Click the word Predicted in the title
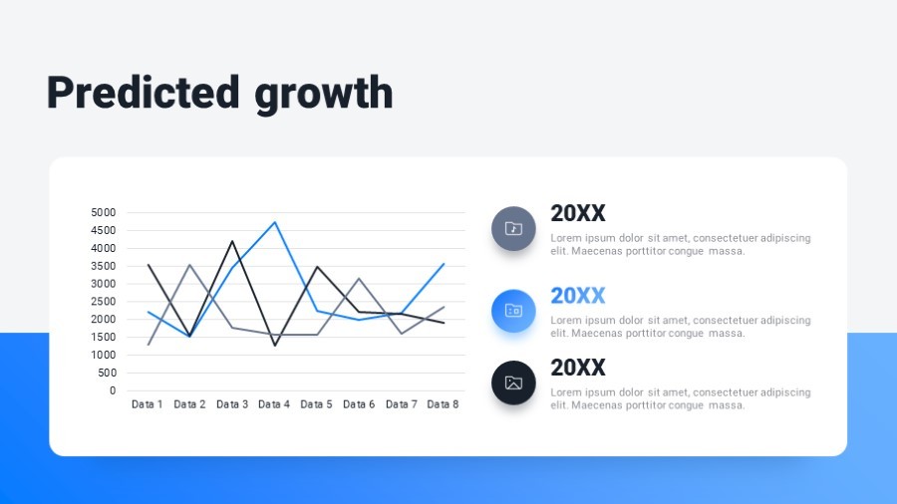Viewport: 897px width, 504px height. [x=143, y=92]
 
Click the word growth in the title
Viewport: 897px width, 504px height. [x=324, y=95]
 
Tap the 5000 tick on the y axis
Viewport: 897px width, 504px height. [x=103, y=212]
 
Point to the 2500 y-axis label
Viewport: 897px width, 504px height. [x=103, y=301]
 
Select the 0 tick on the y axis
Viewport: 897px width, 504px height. [x=113, y=390]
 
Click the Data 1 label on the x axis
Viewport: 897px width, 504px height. [x=148, y=404]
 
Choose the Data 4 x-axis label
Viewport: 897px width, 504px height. [x=274, y=404]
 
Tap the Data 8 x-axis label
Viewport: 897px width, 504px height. [x=443, y=404]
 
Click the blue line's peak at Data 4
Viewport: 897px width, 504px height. [x=275, y=222]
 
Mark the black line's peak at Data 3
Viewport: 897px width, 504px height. [x=232, y=241]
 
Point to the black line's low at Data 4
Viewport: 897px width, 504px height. [x=275, y=346]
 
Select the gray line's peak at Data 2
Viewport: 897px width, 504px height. [x=190, y=265]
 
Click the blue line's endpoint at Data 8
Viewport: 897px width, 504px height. [x=444, y=264]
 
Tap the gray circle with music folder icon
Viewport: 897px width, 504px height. [x=513, y=228]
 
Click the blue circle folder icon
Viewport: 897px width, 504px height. [x=513, y=311]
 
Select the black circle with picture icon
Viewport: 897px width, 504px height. [x=513, y=382]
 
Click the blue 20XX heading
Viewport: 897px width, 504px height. [x=578, y=296]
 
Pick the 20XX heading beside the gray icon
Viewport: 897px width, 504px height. [x=578, y=214]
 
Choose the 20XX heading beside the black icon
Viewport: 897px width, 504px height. [x=578, y=368]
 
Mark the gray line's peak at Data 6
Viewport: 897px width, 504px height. [x=359, y=278]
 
